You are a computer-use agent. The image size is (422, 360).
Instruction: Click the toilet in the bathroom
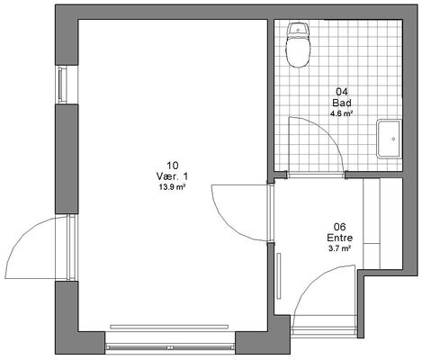click(x=298, y=45)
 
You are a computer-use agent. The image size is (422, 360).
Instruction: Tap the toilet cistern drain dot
click(x=298, y=30)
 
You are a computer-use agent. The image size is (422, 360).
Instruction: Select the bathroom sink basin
click(x=390, y=139)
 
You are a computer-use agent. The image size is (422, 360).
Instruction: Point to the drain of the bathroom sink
click(x=393, y=139)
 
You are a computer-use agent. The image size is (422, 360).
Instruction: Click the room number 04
click(x=342, y=92)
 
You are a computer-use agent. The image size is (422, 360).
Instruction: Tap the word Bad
click(x=342, y=103)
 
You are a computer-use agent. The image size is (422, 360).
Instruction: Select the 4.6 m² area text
click(x=341, y=113)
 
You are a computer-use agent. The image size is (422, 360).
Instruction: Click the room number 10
click(x=173, y=166)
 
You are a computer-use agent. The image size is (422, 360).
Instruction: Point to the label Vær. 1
click(x=173, y=176)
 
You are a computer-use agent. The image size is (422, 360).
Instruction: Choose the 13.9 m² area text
click(x=172, y=187)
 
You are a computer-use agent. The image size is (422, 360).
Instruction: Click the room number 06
click(x=340, y=227)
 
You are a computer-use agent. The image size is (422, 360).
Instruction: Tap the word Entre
click(x=340, y=238)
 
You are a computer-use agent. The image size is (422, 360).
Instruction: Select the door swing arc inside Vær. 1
click(x=228, y=224)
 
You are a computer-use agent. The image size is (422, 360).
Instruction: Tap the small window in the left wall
click(x=67, y=85)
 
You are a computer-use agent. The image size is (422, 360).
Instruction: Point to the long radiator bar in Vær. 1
click(x=169, y=327)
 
